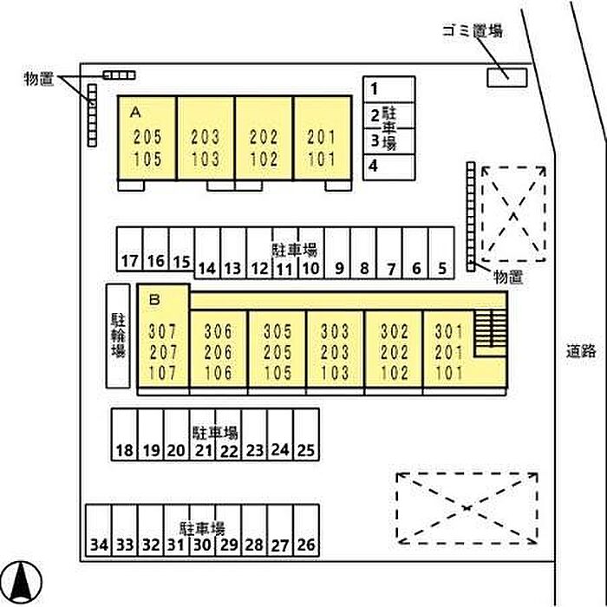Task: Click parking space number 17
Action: [130, 249]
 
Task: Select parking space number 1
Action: [389, 89]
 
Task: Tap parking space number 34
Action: [98, 531]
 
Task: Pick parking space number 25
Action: [306, 434]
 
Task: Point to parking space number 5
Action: [441, 253]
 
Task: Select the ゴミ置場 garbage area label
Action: [473, 30]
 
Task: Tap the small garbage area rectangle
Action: [506, 77]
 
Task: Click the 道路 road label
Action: [581, 351]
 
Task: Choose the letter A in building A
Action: [135, 112]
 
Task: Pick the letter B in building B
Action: [154, 299]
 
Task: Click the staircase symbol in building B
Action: [491, 333]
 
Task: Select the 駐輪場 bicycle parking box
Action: [118, 336]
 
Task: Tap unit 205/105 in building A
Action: [147, 138]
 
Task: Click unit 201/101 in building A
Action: [323, 138]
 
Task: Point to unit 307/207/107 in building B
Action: [163, 336]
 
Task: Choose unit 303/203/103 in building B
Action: [336, 349]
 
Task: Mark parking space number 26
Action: [306, 531]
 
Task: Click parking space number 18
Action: [124, 434]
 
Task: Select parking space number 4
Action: [389, 167]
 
